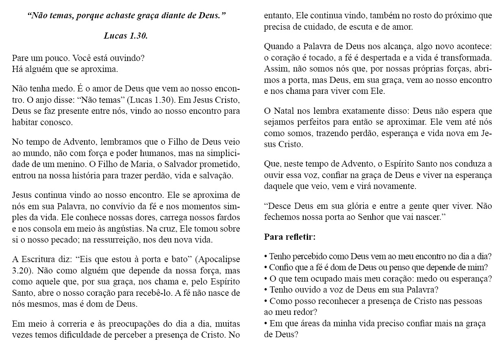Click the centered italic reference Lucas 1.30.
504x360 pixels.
[126, 36]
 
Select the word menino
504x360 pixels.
[59, 165]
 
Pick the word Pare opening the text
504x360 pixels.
[20, 58]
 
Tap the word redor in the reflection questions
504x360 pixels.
[304, 312]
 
